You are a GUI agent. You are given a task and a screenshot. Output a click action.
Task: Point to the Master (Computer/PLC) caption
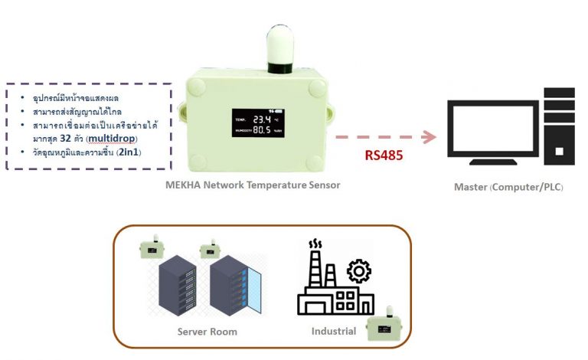point(508,187)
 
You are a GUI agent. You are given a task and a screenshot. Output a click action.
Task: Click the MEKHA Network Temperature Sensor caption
point(253,185)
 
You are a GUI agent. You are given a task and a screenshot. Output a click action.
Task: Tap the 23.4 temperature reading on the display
point(263,120)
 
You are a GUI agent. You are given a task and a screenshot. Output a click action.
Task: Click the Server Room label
point(207,332)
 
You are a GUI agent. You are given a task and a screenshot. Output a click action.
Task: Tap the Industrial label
point(333,332)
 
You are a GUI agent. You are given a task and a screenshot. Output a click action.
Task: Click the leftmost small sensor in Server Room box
point(152,249)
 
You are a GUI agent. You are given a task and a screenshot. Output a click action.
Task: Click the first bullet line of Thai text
point(80,99)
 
